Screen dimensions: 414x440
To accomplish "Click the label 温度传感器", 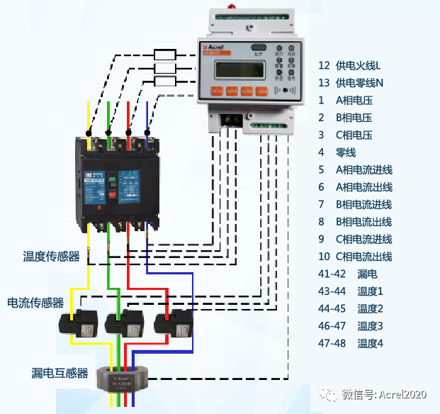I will tap(51, 257).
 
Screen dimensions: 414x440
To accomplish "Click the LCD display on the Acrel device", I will tap(237, 69).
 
